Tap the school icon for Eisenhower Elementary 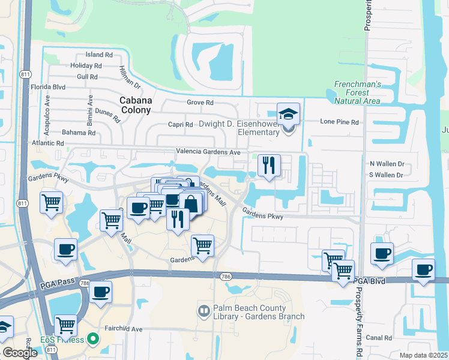click(x=288, y=113)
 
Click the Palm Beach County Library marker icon click(x=203, y=311)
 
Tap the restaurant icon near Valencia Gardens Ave click(x=269, y=165)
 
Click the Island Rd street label click(x=100, y=55)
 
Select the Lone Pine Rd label click(x=339, y=122)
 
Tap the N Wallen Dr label click(x=387, y=163)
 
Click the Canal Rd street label click(x=379, y=338)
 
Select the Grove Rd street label click(x=200, y=103)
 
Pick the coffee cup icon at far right click(x=423, y=269)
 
